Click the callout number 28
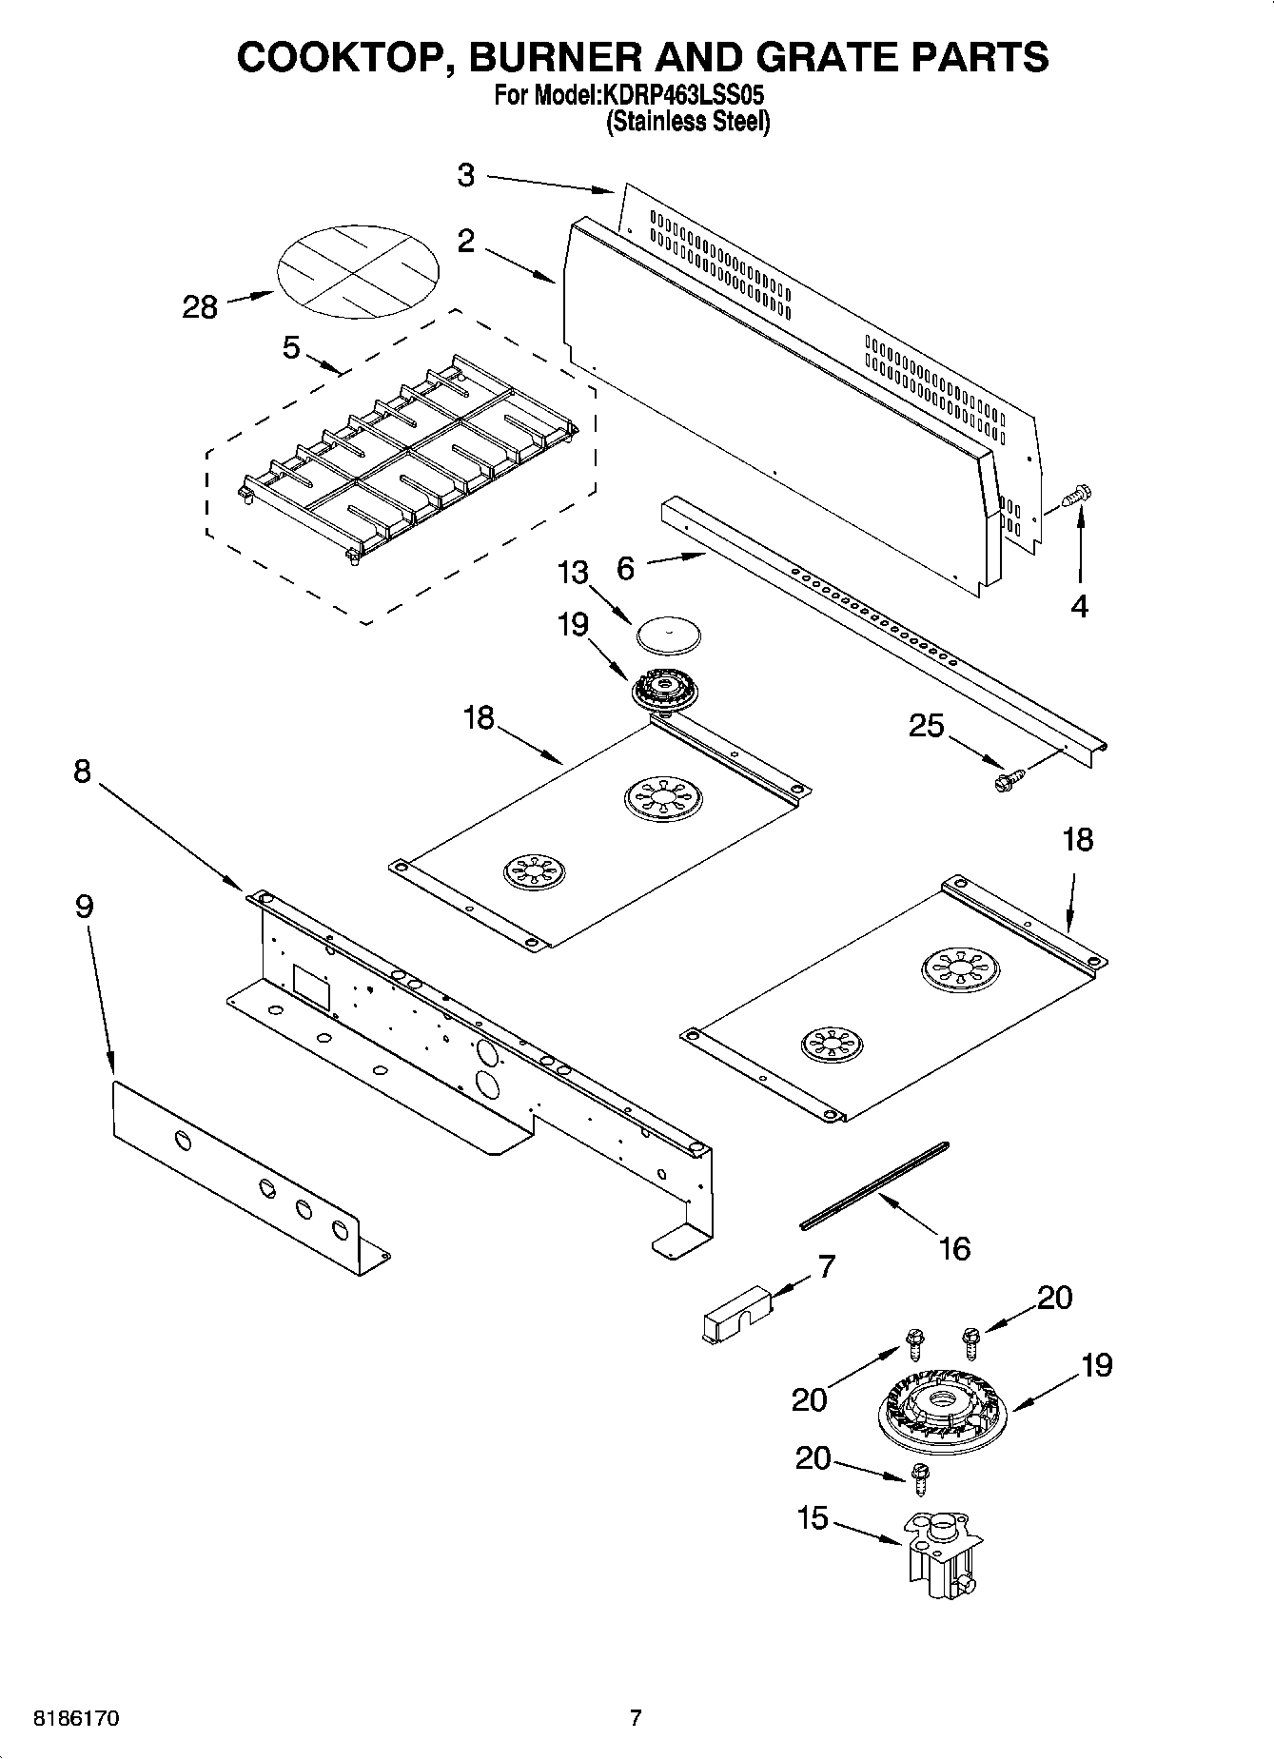200,307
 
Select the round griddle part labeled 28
359,270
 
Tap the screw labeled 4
1077,497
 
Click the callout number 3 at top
465,175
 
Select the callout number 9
84,907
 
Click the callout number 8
82,771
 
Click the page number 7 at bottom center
637,1718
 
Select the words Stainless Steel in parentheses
688,122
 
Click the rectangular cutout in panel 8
311,987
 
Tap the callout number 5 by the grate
291,348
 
